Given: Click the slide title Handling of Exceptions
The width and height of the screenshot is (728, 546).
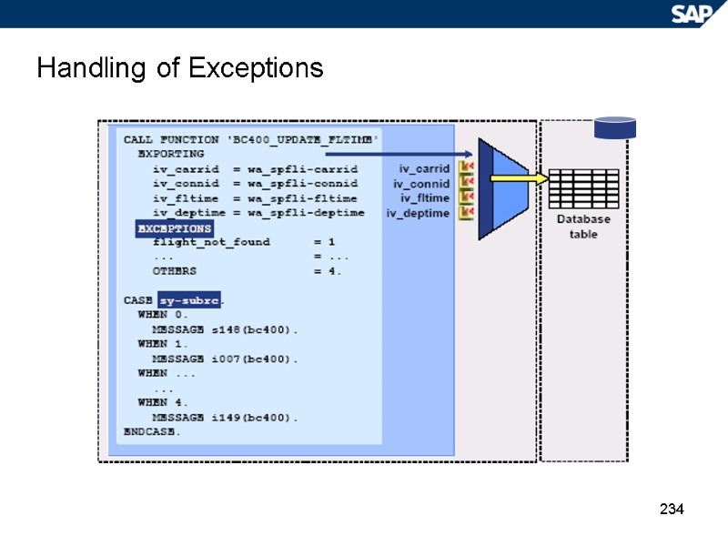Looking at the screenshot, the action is coord(180,68).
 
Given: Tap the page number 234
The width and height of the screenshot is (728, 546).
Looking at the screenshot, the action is coord(671,509).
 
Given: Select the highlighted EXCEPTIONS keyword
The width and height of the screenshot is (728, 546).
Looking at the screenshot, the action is coord(174,228).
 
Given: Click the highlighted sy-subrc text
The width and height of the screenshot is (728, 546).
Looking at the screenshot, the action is coord(188,299).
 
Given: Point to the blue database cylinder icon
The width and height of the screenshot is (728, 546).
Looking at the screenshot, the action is coord(614,127).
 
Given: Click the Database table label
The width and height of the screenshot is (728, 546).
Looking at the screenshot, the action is coord(583,227).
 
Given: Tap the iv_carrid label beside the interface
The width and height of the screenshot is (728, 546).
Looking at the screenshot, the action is coord(424,168).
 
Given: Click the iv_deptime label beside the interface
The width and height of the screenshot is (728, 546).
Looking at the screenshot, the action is coord(418,213).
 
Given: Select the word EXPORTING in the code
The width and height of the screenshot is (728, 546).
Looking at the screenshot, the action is coord(171,154).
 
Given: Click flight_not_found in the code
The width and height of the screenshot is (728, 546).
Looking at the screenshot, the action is coord(211,242).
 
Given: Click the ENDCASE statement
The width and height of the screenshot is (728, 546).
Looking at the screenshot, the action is coord(152,431).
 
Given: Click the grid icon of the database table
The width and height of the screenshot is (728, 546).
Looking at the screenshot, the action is coord(584,189).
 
